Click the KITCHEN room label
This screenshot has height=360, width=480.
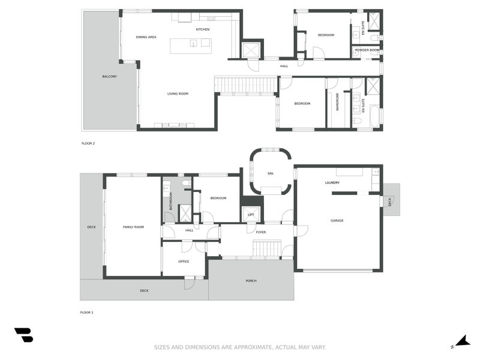[203, 29]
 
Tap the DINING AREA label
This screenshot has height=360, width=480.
[146, 37]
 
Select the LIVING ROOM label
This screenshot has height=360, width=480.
[178, 94]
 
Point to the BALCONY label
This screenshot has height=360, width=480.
[110, 77]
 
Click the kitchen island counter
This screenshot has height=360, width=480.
[191, 46]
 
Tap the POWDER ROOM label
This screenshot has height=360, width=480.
[367, 50]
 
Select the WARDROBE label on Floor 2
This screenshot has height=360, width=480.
[337, 102]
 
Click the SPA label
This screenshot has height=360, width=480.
[271, 173]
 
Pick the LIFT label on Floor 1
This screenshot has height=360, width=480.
[251, 215]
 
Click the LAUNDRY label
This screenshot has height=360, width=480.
[332, 183]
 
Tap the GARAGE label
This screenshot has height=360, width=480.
[337, 220]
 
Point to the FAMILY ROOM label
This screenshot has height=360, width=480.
[133, 227]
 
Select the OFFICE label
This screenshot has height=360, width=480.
[184, 262]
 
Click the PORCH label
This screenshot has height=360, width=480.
[251, 281]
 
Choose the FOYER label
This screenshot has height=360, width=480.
[261, 232]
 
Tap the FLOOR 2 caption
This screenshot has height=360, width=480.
[88, 143]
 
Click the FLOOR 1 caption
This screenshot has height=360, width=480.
[86, 313]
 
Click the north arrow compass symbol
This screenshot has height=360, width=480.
[461, 341]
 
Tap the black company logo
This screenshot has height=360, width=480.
[23, 335]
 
